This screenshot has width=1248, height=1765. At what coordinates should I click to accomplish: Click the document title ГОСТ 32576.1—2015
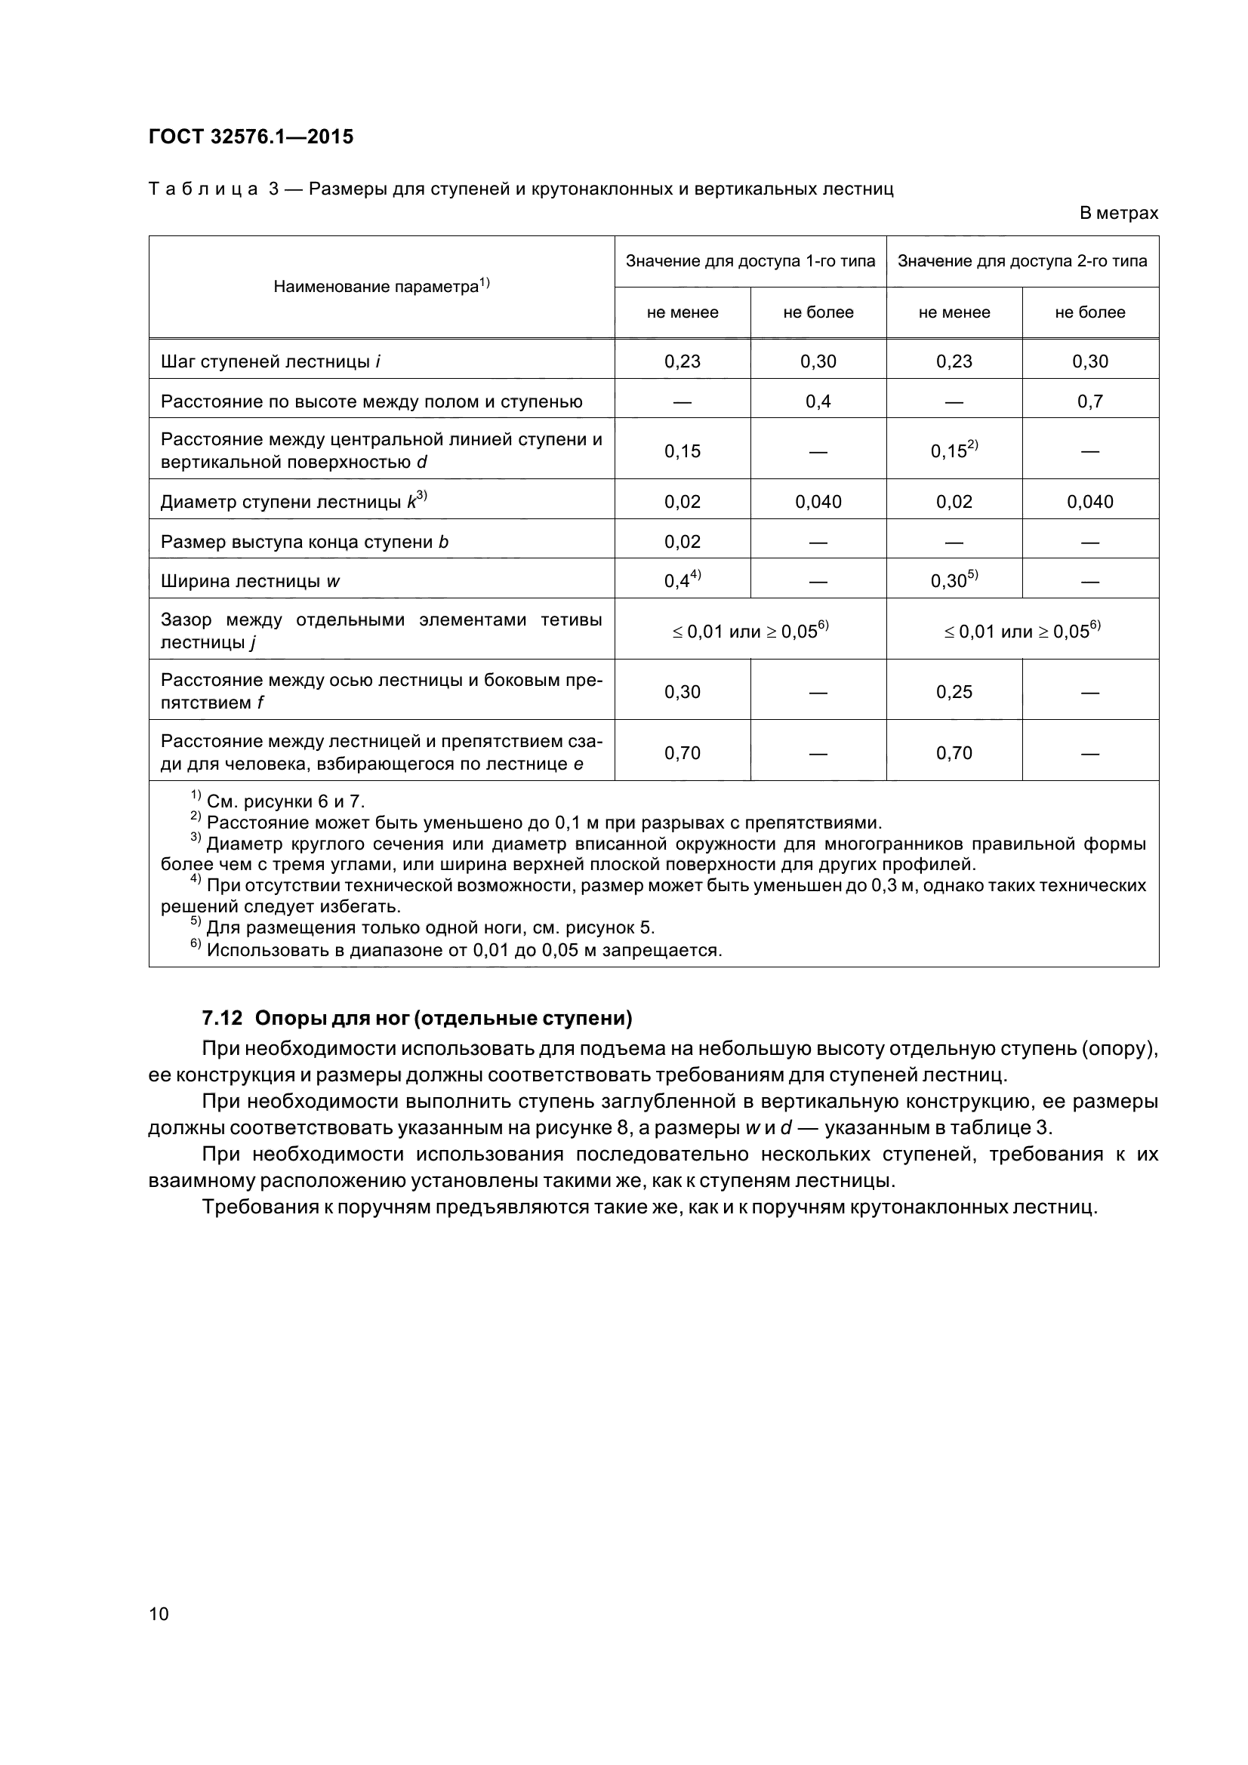pos(251,137)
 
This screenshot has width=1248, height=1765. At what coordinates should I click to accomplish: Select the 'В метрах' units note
pos(1118,213)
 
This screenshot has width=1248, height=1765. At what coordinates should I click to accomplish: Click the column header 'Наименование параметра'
pos(381,287)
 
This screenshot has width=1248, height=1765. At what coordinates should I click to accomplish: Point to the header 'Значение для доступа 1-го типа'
pos(750,261)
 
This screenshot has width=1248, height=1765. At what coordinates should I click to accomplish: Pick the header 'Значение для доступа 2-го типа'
pos(1022,261)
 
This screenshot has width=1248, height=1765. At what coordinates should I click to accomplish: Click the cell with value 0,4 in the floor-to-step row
pos(818,401)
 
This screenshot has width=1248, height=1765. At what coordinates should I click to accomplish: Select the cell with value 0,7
pos(1089,401)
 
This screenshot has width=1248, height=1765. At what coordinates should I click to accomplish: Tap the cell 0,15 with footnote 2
pos(954,450)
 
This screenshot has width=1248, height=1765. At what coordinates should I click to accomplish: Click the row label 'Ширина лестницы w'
pos(250,581)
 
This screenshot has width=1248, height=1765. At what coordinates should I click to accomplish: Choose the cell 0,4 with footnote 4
pos(682,580)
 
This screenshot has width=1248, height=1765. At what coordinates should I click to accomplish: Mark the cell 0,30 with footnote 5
pos(954,580)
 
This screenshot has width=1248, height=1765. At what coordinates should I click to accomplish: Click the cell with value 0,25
pos(954,692)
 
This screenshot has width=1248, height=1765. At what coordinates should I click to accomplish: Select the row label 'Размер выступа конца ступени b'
pos(304,542)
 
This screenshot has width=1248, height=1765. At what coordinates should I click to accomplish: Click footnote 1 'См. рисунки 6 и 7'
pos(278,801)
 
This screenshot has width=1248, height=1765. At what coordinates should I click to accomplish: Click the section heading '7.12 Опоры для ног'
pos(417,1019)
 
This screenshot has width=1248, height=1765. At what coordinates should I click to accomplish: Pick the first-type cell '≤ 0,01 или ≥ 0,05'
pos(750,631)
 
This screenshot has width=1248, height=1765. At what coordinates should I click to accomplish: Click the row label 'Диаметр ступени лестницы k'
pos(293,502)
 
